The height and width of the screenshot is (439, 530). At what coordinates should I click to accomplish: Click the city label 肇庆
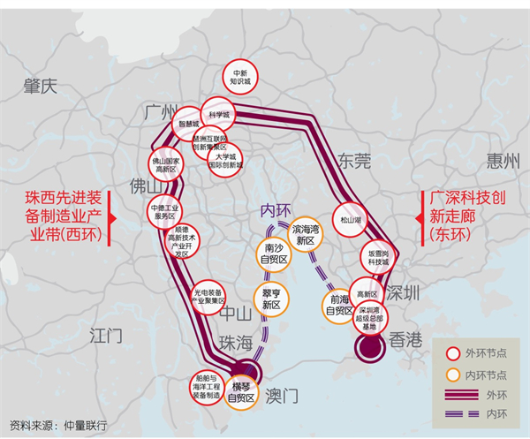point(41,86)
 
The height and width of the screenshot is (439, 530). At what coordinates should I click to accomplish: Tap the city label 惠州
point(503,160)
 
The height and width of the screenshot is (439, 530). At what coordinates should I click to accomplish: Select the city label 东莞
point(354,160)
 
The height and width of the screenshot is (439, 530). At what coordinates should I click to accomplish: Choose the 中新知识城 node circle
point(240,77)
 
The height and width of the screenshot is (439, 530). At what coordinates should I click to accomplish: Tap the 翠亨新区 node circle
point(271,298)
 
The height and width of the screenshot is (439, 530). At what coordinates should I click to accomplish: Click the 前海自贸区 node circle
point(338,305)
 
